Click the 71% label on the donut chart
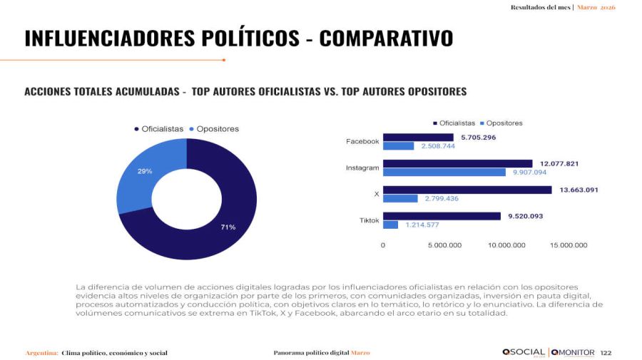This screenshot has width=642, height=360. point(228,227)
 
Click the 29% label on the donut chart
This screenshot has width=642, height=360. point(145,171)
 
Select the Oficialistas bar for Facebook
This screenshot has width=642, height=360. point(417,137)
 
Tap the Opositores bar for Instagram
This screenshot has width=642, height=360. point(444,173)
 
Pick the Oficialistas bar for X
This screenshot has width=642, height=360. point(467,190)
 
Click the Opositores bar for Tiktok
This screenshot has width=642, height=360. point(390,225)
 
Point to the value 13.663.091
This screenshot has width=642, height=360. point(578,190)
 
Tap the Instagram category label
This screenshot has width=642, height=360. point(362,168)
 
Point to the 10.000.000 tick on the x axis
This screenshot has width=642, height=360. point(506,245)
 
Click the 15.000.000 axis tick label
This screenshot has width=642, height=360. point(569,245)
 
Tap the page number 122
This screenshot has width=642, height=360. point(606,352)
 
